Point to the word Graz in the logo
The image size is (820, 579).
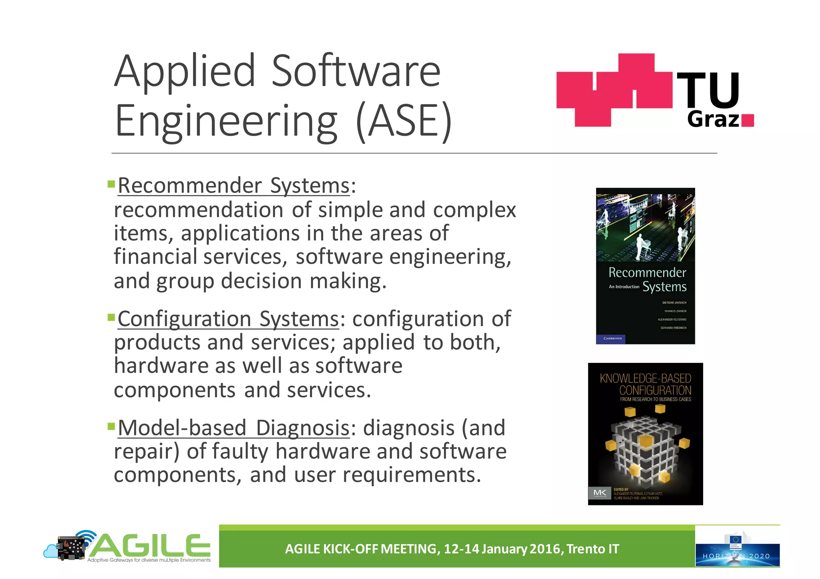point(713,119)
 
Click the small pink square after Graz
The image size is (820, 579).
point(748,120)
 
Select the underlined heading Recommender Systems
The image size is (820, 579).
point(234,186)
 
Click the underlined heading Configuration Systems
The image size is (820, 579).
point(228,319)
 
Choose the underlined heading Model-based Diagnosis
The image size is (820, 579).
point(234,428)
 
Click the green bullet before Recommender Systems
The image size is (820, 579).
point(111,184)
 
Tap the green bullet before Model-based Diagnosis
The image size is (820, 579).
point(111,426)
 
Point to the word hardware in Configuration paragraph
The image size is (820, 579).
point(161,366)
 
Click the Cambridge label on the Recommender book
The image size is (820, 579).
point(612,339)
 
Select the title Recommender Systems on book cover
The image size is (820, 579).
point(647,279)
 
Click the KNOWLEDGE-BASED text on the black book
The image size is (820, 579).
point(645,378)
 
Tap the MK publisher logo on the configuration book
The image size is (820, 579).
point(600,493)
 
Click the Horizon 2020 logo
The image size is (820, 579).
point(737,549)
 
